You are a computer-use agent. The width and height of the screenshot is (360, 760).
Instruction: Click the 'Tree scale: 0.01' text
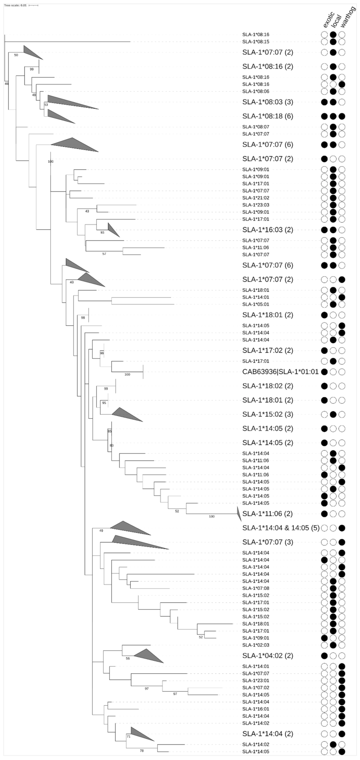point(15,5)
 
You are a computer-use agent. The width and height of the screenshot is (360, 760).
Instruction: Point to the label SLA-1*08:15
point(256,42)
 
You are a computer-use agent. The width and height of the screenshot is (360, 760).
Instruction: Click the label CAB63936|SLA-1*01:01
point(280,372)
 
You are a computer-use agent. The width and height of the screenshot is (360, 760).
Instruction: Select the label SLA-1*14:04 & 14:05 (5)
point(281,528)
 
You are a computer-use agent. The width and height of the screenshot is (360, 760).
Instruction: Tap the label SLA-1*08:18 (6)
point(268,116)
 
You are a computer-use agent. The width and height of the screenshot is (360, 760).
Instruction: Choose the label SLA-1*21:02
point(256,198)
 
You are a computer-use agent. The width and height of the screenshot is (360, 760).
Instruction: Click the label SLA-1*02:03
point(256,645)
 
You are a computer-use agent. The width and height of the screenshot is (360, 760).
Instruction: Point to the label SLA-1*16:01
point(256,708)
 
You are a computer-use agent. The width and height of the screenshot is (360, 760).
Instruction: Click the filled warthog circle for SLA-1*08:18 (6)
point(342,116)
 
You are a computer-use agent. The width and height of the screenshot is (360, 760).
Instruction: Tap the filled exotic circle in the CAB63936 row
point(324,372)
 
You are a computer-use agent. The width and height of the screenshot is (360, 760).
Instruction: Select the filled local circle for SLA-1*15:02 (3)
point(333,414)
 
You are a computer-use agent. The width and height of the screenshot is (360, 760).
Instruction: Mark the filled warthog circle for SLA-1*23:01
point(342,680)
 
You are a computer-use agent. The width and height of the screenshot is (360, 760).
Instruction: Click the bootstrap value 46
point(6,84)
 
